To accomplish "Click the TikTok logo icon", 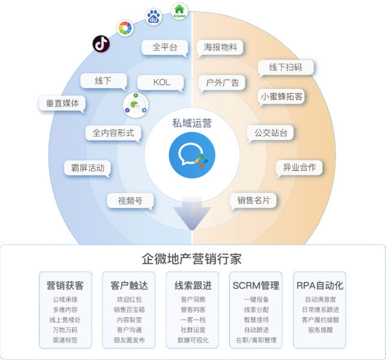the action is pyautogui.click(x=101, y=44).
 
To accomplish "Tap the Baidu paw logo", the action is pyautogui.click(x=154, y=16).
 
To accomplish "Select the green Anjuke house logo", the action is pyautogui.click(x=179, y=11).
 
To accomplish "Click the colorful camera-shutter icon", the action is pyautogui.click(x=125, y=28).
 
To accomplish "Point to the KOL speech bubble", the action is pyautogui.click(x=160, y=83).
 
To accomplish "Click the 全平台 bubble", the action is pyautogui.click(x=164, y=47).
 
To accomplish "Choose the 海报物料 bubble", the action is pyautogui.click(x=220, y=47).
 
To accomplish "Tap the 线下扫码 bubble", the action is pyautogui.click(x=286, y=67).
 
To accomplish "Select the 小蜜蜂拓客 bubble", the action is pyautogui.click(x=282, y=97).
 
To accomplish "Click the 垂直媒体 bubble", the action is pyautogui.click(x=62, y=103).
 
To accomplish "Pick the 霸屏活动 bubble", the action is pyautogui.click(x=88, y=168).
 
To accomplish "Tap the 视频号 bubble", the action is pyautogui.click(x=130, y=201).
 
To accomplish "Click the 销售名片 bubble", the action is pyautogui.click(x=253, y=201).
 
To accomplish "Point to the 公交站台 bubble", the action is pyautogui.click(x=271, y=133).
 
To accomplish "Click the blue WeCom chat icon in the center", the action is pyautogui.click(x=192, y=155).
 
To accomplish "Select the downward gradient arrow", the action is pyautogui.click(x=192, y=213).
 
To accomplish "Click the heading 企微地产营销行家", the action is pyautogui.click(x=191, y=258).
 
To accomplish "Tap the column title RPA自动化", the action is pyautogui.click(x=320, y=285).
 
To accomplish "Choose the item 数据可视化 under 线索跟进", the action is pyautogui.click(x=193, y=340).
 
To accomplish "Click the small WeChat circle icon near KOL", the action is pyautogui.click(x=136, y=105).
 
